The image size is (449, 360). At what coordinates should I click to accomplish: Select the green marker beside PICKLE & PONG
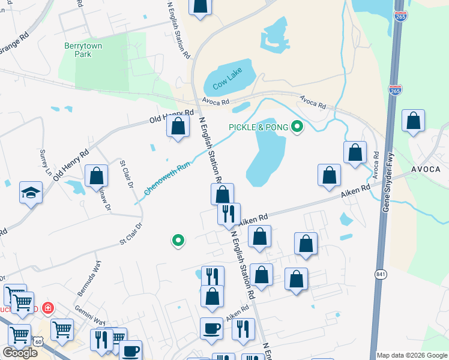[297, 127]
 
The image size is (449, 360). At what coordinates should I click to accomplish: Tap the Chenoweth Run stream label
[167, 179]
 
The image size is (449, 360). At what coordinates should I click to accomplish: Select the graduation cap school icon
[31, 193]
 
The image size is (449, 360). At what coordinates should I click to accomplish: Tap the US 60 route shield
[38, 341]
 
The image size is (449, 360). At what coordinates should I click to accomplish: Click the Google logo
[20, 353]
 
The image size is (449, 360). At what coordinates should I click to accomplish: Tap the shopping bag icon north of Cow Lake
[200, 6]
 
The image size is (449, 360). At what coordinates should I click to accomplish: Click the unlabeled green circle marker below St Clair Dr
[178, 241]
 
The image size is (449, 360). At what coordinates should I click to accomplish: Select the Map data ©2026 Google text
[412, 355]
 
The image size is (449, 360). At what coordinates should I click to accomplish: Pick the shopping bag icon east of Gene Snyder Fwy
[414, 121]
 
